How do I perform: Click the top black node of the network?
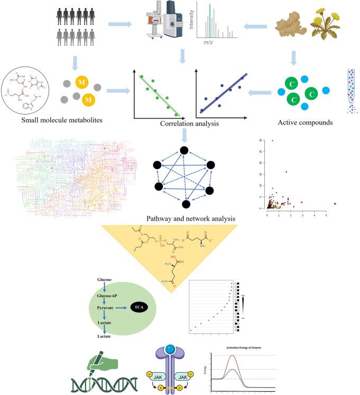(184, 151)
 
